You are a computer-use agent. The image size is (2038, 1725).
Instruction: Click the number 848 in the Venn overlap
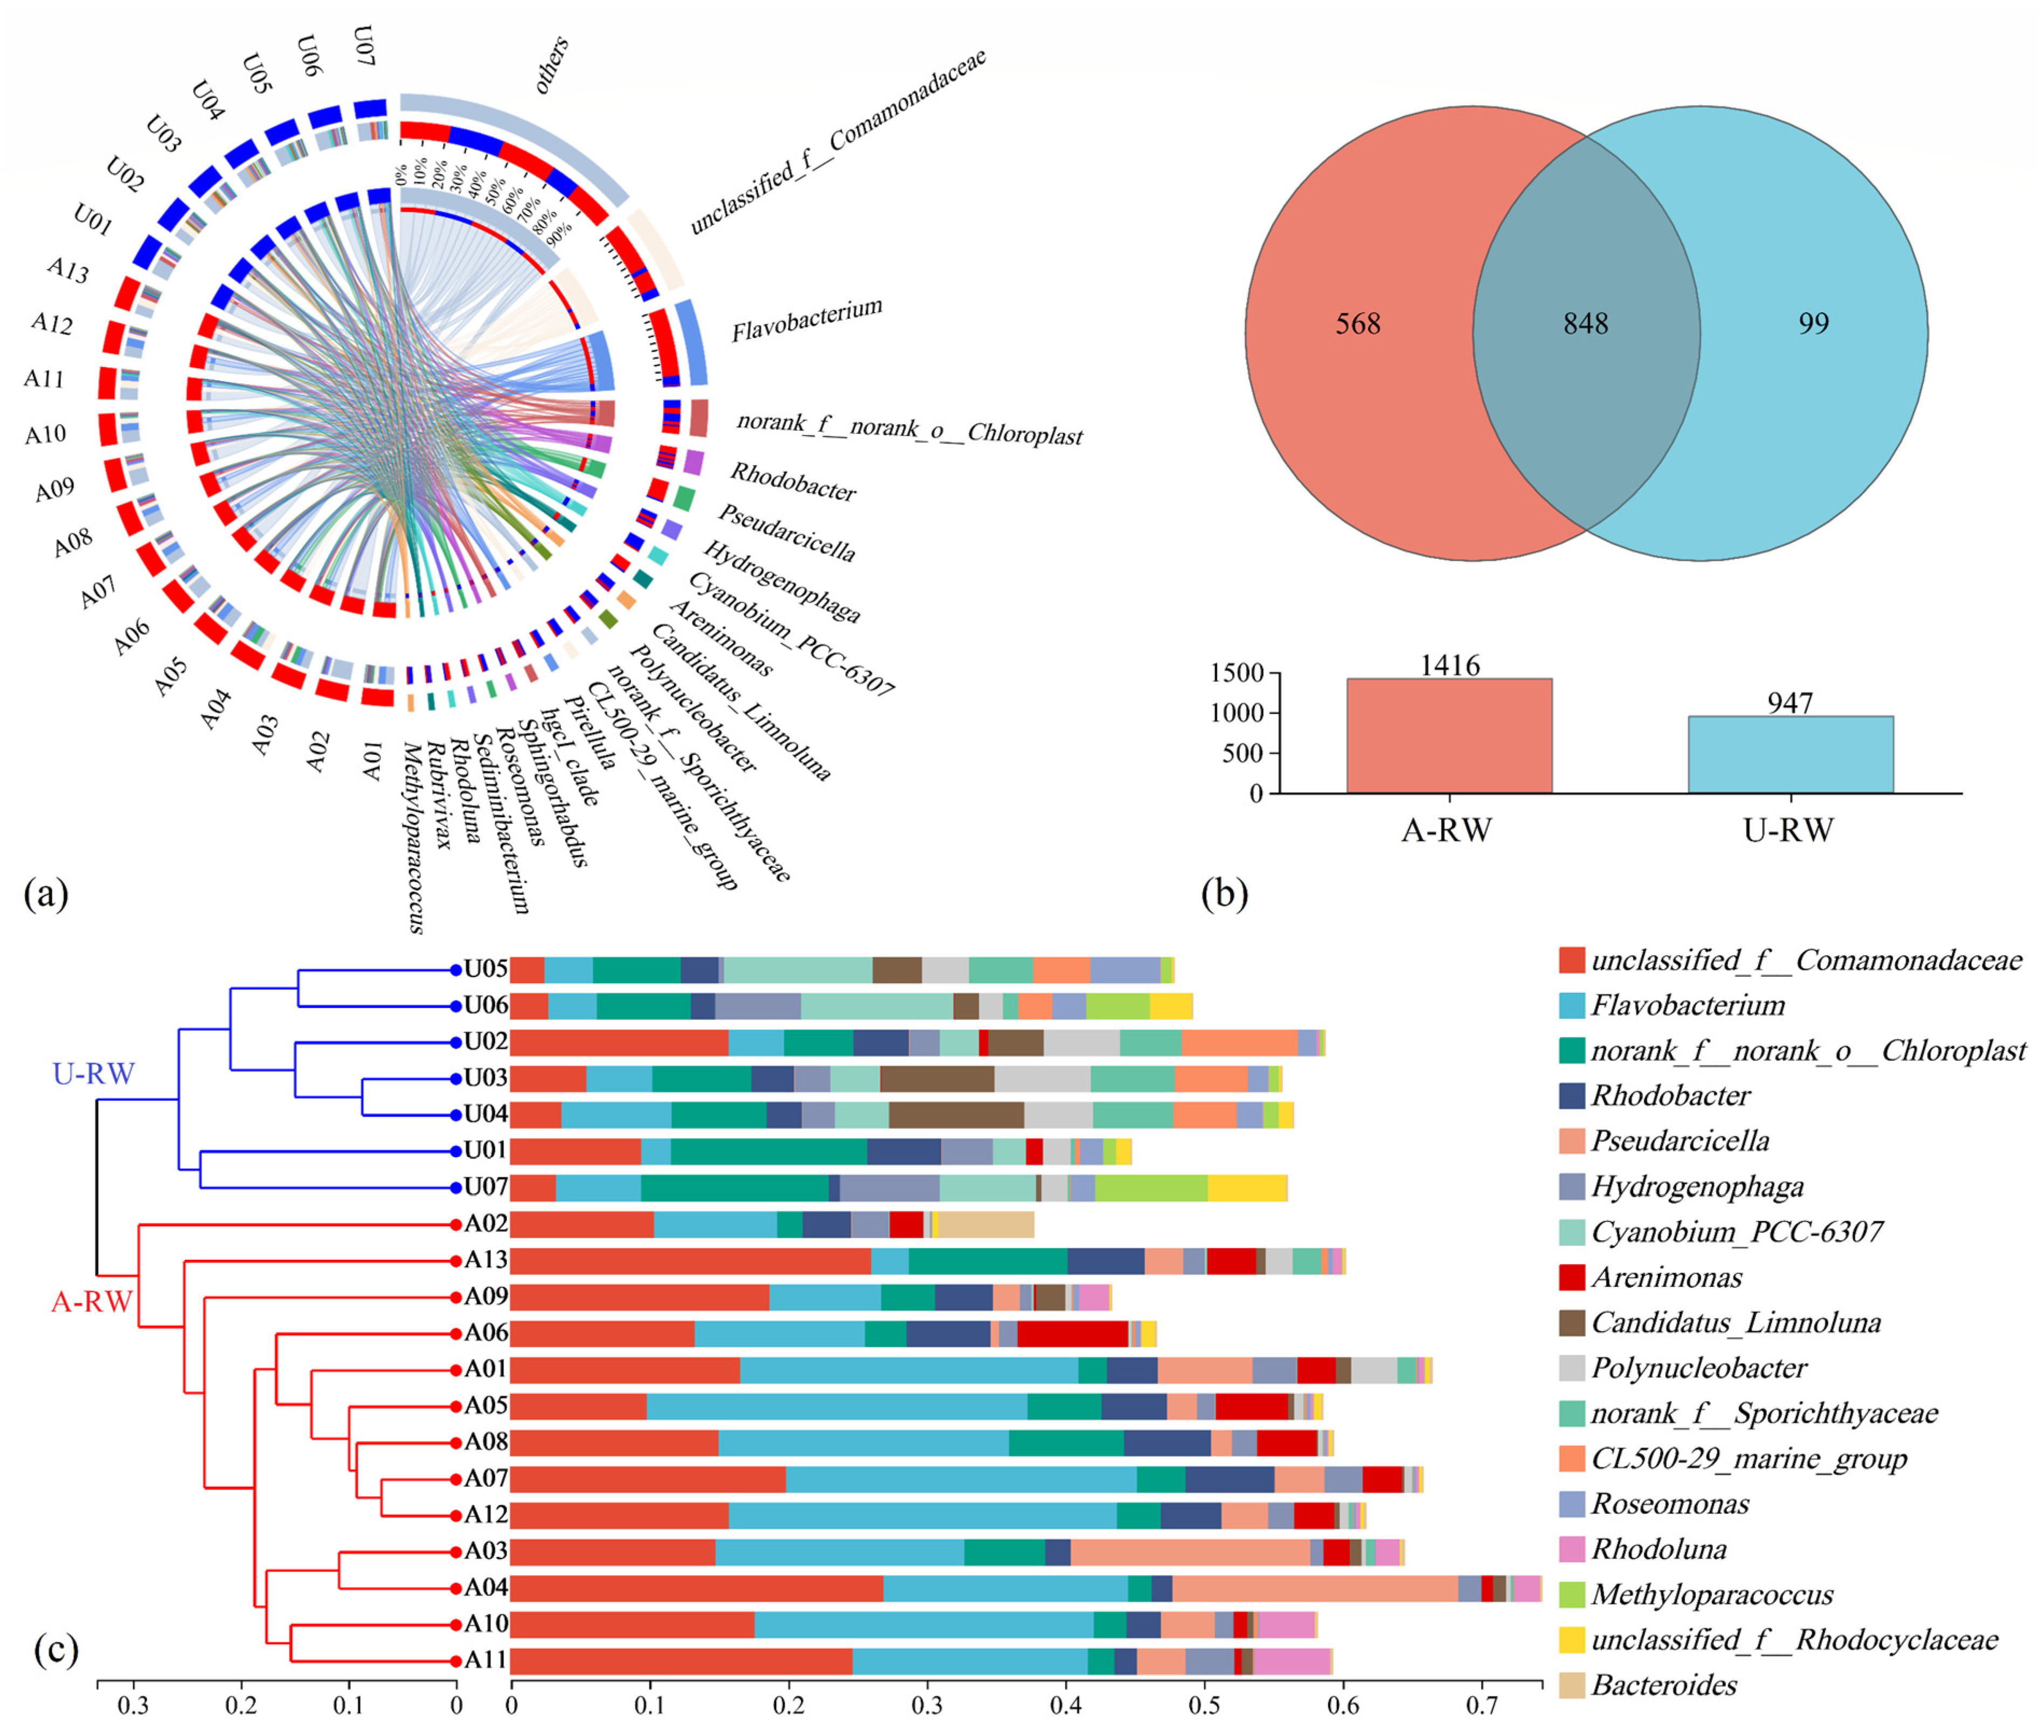pos(1585,323)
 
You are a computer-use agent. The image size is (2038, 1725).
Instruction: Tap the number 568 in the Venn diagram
pos(1358,323)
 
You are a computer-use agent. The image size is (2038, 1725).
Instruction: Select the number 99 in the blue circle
pos(1813,323)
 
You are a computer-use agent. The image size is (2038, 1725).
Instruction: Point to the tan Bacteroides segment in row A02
pos(985,1224)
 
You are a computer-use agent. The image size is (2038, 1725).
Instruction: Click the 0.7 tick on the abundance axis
pos(1482,1707)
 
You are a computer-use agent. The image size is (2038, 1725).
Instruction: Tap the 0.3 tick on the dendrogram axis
pos(134,1707)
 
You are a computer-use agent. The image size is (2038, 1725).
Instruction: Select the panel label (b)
pos(1224,893)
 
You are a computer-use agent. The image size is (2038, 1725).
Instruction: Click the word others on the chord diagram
pos(552,65)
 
